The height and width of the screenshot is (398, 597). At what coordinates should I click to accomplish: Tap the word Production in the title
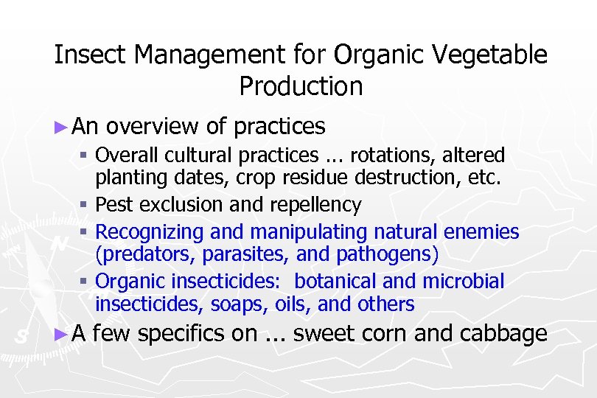point(301,86)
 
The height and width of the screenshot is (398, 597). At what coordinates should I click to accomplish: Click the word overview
point(152,126)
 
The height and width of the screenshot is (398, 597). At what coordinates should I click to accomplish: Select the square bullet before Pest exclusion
point(85,205)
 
